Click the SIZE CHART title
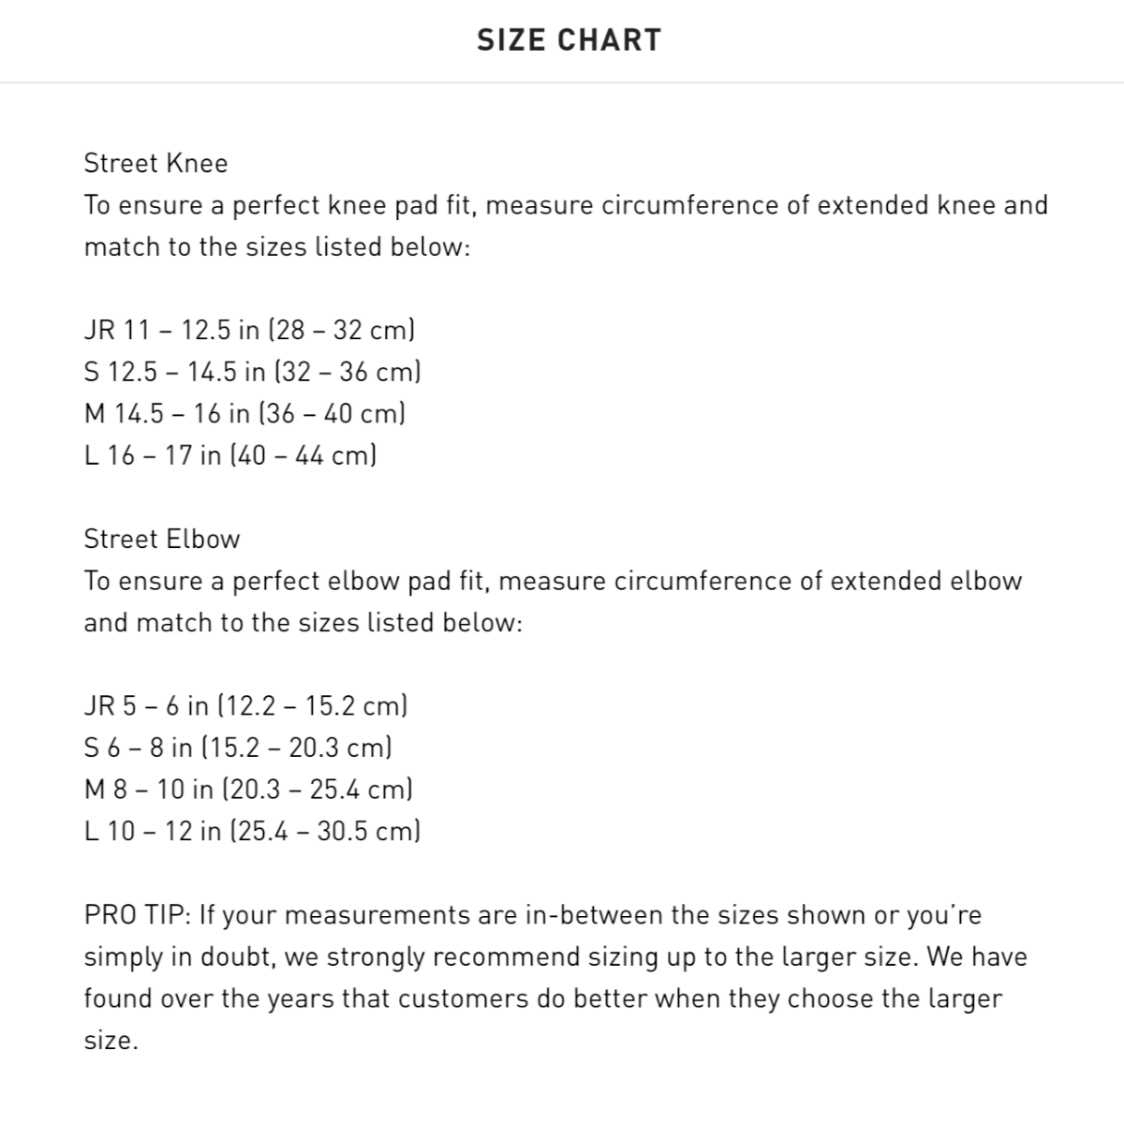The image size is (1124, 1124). pos(569,40)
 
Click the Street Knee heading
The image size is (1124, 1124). pos(155,164)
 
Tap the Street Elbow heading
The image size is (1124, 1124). pos(162,540)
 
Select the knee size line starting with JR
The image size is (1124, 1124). pos(250,331)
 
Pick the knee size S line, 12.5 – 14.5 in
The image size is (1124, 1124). pos(252,373)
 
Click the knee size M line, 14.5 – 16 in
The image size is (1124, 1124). pos(244,414)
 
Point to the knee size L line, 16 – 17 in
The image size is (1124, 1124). pos(230,456)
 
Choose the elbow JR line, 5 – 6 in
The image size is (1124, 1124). pos(245,706)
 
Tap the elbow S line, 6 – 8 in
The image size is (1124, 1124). pos(238,748)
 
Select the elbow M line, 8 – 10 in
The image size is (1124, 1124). pos(248,790)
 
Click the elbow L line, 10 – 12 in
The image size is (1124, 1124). pos(252,832)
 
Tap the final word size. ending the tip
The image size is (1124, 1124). pos(111,1041)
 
